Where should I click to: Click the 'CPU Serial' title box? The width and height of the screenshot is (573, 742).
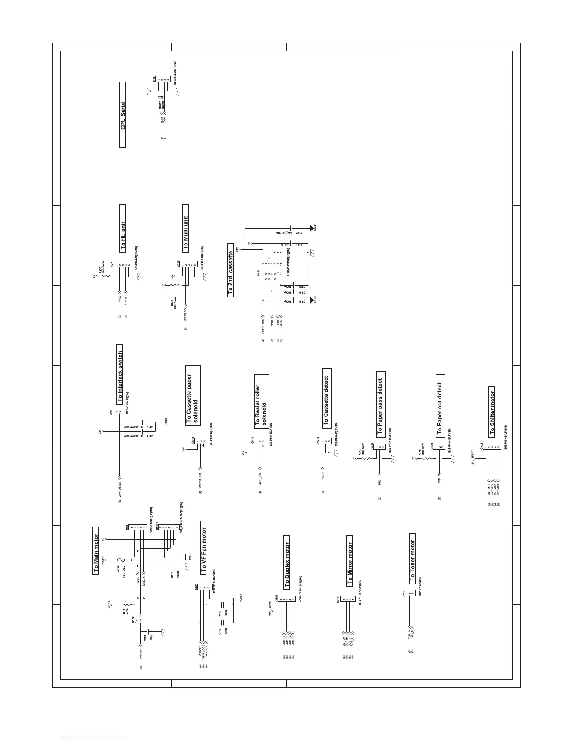click(x=123, y=115)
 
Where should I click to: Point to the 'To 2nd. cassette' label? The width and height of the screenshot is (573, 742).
click(x=230, y=270)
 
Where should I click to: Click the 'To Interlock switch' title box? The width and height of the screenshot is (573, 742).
click(x=119, y=378)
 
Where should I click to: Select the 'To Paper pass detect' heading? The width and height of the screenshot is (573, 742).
click(x=380, y=406)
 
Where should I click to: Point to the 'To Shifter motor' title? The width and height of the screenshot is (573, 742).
click(x=492, y=412)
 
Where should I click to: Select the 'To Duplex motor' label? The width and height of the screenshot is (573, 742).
click(x=287, y=565)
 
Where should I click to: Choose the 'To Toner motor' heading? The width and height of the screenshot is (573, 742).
click(x=412, y=558)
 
